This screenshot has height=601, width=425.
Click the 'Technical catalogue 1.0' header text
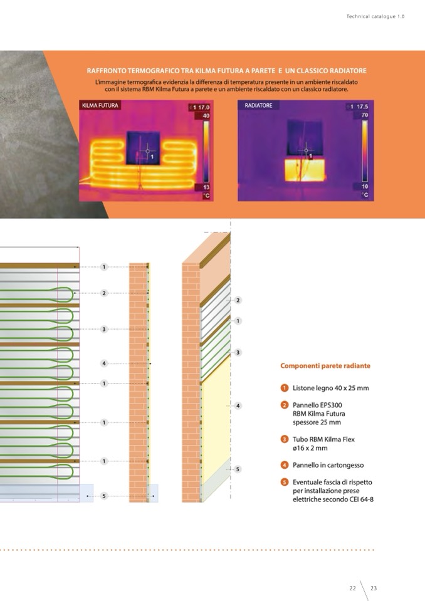375,16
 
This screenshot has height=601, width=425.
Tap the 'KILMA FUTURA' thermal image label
100,105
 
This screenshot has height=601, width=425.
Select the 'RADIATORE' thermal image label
258,105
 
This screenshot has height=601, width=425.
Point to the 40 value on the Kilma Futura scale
206,116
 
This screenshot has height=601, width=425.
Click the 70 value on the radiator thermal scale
364,115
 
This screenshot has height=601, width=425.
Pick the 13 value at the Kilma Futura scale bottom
206,187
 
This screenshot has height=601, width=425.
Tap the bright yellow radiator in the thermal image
305,170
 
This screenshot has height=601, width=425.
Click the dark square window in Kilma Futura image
144,148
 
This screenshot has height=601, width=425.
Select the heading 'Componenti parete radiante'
325,365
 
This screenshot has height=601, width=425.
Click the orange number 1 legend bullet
285,388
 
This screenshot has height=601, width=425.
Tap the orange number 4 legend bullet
285,465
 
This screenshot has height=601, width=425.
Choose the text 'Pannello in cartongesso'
328,465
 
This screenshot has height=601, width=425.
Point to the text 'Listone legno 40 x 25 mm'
331,388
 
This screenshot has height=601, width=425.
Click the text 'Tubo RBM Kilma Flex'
324,439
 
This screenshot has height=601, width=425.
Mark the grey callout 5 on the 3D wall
238,469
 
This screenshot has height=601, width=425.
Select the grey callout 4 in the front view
104,363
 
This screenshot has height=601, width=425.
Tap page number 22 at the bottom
352,588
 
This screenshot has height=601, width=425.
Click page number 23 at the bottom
374,588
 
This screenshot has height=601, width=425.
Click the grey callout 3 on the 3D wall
238,352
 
